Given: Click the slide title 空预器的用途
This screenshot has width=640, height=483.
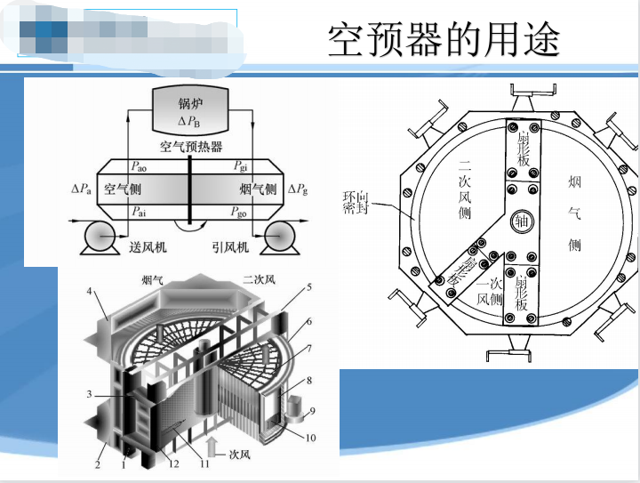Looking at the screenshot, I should pyautogui.click(x=444, y=39).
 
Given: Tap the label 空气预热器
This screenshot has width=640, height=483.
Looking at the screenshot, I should pyautogui.click(x=190, y=147).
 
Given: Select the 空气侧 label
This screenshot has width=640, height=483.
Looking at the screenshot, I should pyautogui.click(x=122, y=189).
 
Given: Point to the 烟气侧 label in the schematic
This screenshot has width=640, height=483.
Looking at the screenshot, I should pyautogui.click(x=258, y=189).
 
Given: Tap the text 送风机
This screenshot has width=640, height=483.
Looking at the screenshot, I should pyautogui.click(x=148, y=247).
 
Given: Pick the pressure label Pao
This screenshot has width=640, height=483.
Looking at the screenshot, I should pyautogui.click(x=140, y=167).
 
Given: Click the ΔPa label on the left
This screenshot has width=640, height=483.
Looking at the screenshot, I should pyautogui.click(x=81, y=189).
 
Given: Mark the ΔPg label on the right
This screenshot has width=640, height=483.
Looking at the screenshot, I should pyautogui.click(x=299, y=189).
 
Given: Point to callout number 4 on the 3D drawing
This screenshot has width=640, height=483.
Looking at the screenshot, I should pyautogui.click(x=90, y=291).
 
